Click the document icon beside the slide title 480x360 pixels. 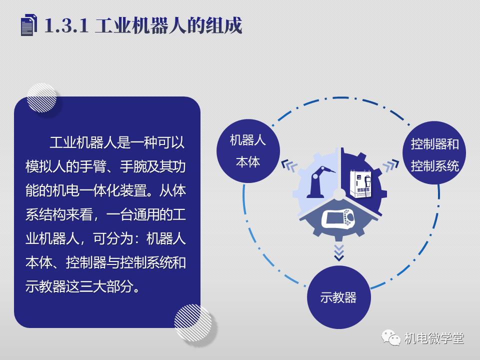(29, 25)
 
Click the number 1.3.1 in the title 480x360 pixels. (66, 25)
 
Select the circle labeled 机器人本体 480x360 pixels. (248, 151)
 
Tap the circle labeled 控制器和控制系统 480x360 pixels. (434, 153)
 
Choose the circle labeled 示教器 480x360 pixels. (339, 297)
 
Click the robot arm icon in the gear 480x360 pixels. (320, 182)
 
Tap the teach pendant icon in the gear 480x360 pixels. (338, 218)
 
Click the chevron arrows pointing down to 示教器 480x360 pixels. (339, 252)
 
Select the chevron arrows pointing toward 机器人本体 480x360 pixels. (289, 165)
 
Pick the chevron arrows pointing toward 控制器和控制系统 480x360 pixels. (391, 165)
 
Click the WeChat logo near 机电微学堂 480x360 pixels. (391, 337)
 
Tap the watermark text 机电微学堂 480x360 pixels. (434, 338)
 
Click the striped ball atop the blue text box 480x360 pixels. (41, 97)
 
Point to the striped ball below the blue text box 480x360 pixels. (193, 322)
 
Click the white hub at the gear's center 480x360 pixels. (339, 194)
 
